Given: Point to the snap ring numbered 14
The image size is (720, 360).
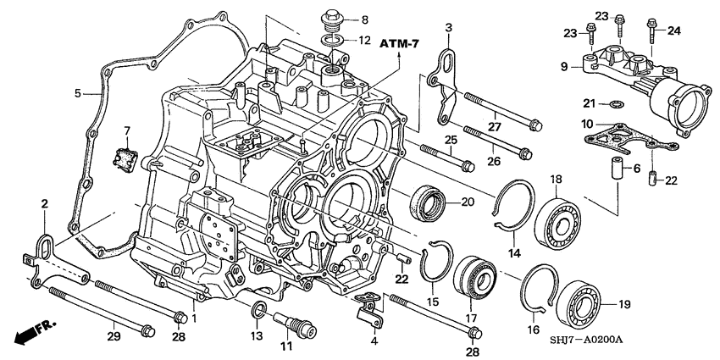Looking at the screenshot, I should point(512,207).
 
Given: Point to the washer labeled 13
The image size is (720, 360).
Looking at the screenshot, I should point(260,308).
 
